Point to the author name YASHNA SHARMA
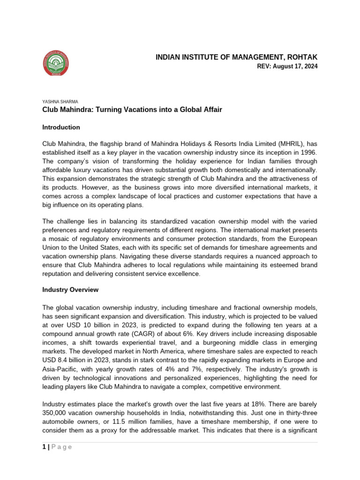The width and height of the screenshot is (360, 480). pos(60,101)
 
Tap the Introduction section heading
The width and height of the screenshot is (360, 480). pos(61,127)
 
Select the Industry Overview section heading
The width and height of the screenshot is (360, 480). pos(70,290)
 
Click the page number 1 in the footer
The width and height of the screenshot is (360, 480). pos(44,447)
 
